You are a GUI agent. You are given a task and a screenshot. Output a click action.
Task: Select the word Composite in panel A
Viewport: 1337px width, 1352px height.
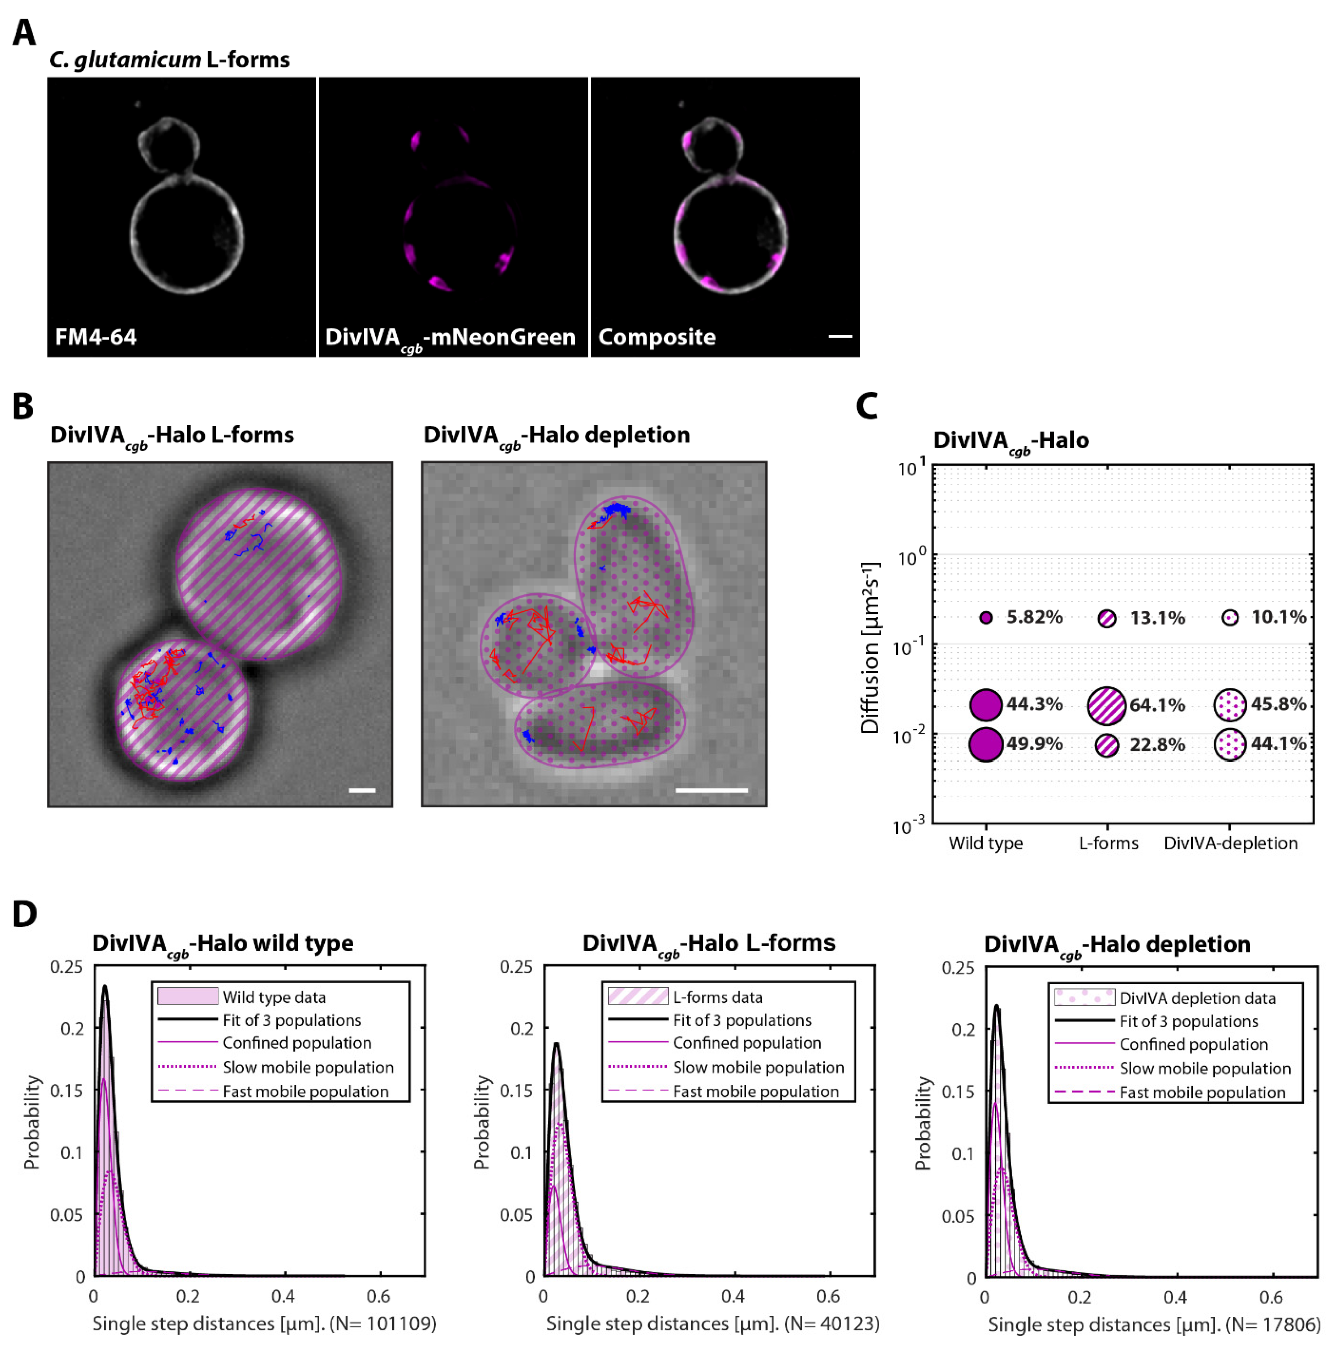[657, 337]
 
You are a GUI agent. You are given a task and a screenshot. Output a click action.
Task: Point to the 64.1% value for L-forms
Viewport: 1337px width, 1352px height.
[1157, 705]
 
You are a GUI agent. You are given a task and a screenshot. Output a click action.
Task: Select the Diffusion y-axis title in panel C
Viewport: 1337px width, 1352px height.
[870, 647]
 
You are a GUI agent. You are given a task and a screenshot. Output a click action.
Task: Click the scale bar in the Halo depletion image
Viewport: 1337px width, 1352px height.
[711, 790]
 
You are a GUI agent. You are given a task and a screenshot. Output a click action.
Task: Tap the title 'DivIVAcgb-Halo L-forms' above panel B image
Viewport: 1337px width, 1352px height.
[171, 435]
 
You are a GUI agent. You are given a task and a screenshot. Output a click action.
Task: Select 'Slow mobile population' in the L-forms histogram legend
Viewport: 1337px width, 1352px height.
[758, 1067]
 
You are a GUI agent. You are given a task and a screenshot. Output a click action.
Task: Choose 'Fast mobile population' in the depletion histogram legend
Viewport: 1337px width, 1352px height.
[1202, 1093]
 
